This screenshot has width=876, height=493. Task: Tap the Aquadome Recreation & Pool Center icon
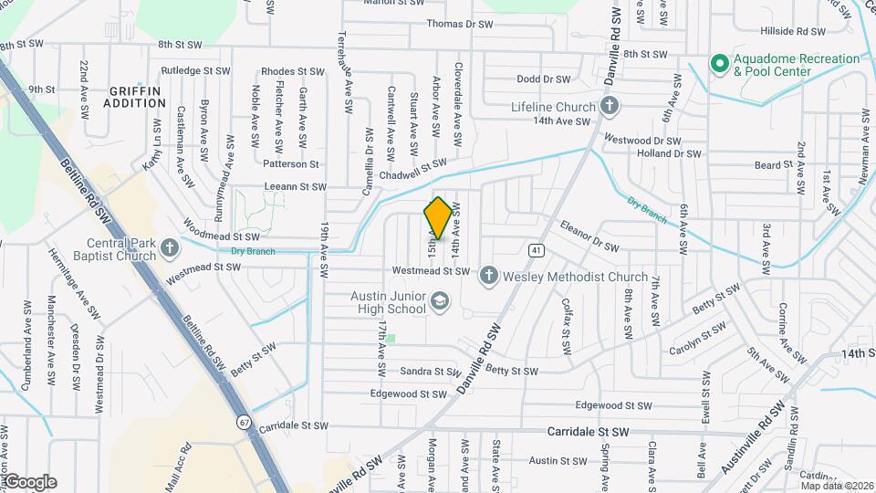[x=719, y=64]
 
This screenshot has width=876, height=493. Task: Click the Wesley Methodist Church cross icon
[x=488, y=276]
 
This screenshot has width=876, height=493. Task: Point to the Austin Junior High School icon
[x=440, y=301]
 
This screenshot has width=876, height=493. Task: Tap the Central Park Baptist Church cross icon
[x=170, y=248]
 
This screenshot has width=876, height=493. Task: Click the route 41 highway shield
[x=536, y=249]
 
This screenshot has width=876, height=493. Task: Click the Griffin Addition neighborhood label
[x=134, y=97]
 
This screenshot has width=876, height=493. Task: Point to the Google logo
[x=29, y=482]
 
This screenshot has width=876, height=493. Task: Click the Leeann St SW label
[x=294, y=187]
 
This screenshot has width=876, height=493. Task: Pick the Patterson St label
[x=290, y=164]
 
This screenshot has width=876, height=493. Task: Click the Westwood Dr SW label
[x=643, y=141]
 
